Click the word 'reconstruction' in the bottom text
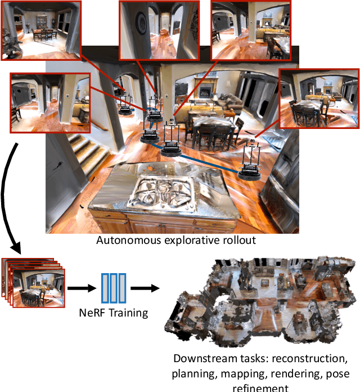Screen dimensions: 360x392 click(x=308, y=359)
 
